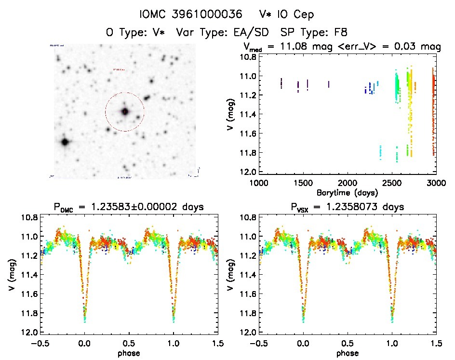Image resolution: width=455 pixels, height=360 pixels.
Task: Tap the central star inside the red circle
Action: tap(125, 111)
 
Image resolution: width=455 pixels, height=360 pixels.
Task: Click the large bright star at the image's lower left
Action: tap(65, 142)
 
